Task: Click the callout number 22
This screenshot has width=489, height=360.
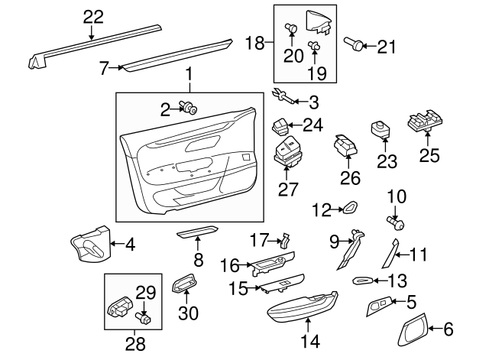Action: tap(91, 15)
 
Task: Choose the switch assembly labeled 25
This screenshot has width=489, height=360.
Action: tap(426, 121)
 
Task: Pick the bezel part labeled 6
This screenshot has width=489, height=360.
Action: tap(413, 330)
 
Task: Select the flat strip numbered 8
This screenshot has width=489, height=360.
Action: tap(198, 232)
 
